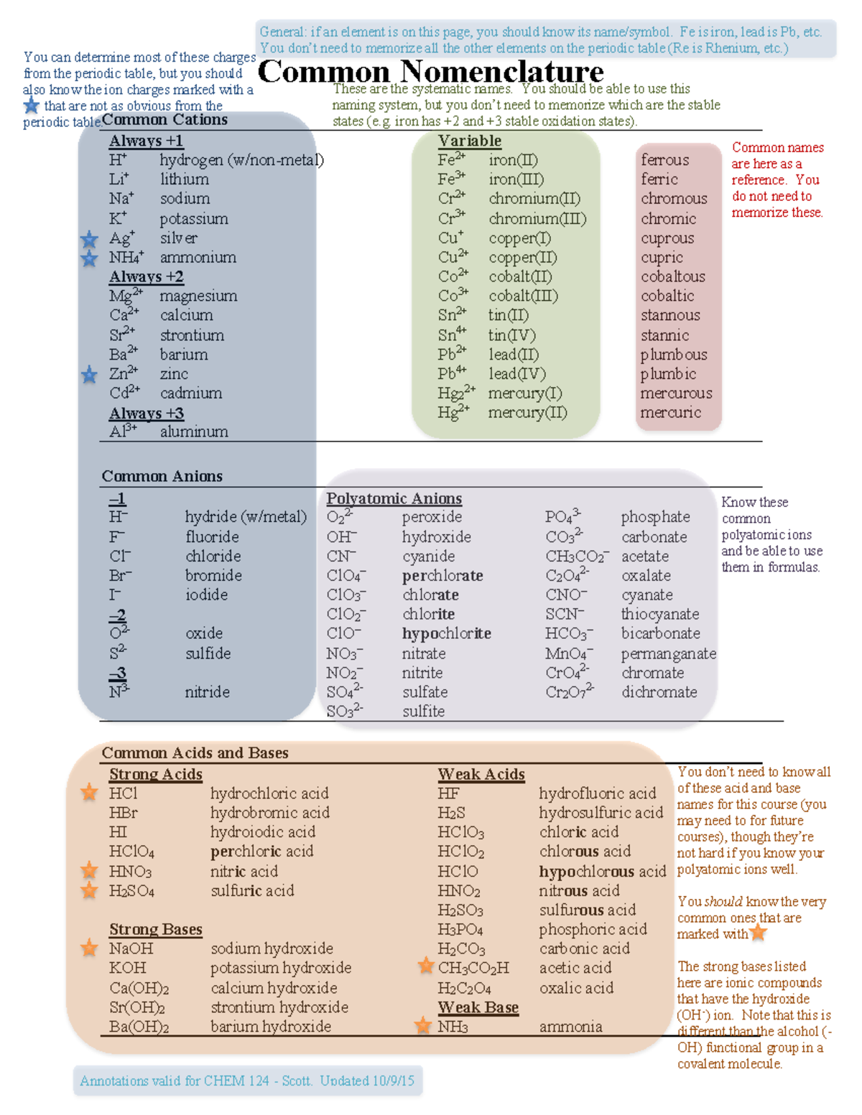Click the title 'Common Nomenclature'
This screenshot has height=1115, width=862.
[x=430, y=72]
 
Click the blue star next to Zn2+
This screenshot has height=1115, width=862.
[x=89, y=374]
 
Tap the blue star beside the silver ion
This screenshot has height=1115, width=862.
[x=89, y=239]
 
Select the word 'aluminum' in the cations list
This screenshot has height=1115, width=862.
[x=194, y=431]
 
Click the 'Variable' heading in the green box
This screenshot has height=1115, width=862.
[x=470, y=141]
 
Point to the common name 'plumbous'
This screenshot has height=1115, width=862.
[x=674, y=355]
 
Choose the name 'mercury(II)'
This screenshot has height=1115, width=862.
[x=527, y=413]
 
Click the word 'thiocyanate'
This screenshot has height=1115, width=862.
[x=660, y=614]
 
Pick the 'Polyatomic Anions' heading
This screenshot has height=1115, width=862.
[x=394, y=498]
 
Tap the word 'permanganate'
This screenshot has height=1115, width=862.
[x=668, y=653]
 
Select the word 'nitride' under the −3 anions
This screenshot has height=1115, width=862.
[x=207, y=692]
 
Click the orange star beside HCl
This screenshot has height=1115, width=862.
[x=89, y=793]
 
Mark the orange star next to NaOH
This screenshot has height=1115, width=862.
[x=89, y=948]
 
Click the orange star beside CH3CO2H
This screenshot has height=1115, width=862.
[x=426, y=966]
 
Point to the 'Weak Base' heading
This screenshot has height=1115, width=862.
[x=478, y=1007]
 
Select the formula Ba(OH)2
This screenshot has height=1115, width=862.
[x=139, y=1027]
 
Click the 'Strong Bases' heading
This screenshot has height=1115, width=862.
[x=156, y=929]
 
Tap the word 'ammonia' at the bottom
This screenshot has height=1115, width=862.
[x=570, y=1027]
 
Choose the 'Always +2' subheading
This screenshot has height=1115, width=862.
[x=147, y=276]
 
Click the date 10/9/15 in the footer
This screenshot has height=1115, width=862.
[x=392, y=1081]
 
